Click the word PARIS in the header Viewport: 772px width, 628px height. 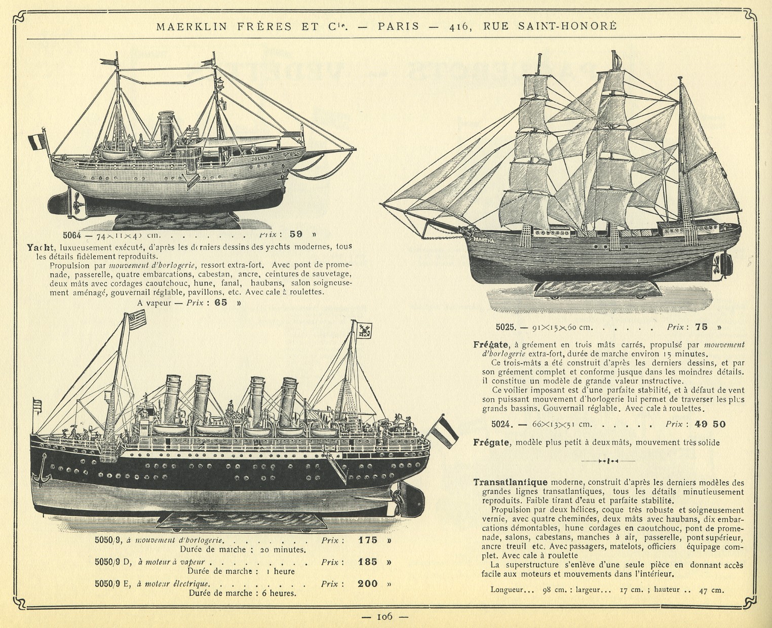tap(398, 26)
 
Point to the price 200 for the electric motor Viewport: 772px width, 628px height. tap(368, 583)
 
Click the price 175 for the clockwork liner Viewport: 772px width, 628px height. tap(368, 540)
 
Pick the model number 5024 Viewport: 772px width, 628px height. tap(502, 424)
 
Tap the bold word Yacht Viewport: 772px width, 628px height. tap(41, 247)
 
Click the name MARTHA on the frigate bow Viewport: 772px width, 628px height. tap(485, 237)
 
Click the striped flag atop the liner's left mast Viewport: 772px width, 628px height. tap(136, 320)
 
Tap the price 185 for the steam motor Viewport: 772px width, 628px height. tap(368, 562)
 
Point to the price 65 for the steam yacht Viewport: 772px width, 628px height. tap(221, 303)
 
